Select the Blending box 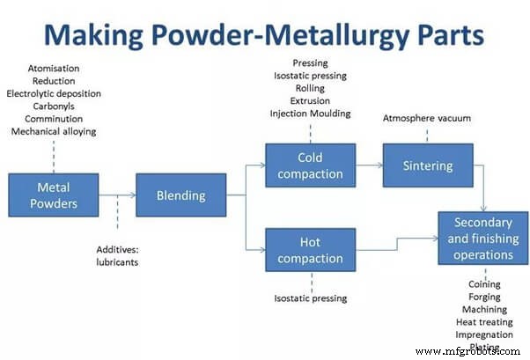coord(181,195)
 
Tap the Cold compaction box coord(309,165)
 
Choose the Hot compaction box coord(309,249)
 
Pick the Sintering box coord(427,165)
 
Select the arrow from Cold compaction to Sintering coord(368,165)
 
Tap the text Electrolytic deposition coord(53,92)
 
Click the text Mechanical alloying coord(53,132)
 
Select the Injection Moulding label coord(310,114)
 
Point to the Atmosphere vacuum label coord(426,118)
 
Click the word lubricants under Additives coord(117,261)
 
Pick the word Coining coord(484,284)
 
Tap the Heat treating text coord(484,322)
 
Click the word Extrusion coord(310,100)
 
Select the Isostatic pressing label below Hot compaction coord(310,298)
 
